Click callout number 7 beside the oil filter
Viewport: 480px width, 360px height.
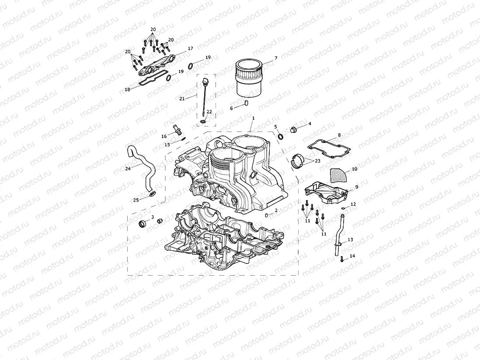point(276,58)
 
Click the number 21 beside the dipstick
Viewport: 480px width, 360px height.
point(182,99)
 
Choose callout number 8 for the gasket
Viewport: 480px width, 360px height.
point(339,135)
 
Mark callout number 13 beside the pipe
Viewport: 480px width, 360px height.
point(350,240)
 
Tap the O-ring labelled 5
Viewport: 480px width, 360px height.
point(280,137)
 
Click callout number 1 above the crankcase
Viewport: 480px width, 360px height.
point(253,118)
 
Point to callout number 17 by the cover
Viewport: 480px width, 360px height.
point(190,48)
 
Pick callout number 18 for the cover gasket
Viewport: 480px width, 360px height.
point(127,90)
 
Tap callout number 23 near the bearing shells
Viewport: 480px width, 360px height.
point(317,161)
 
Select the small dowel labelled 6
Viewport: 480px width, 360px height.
point(247,104)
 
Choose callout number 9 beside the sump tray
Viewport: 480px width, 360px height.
point(356,187)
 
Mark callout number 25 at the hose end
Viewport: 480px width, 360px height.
point(136,200)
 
